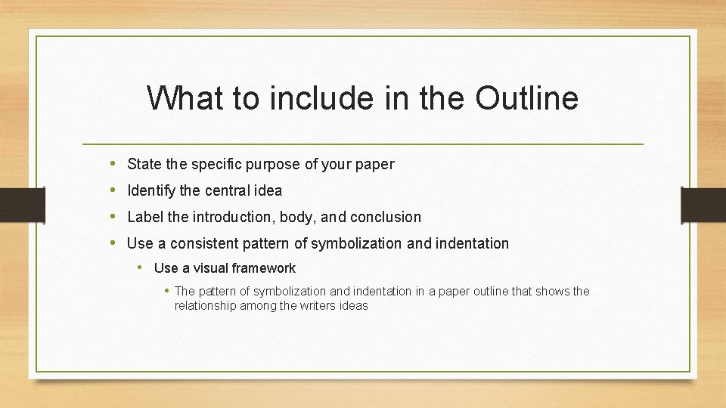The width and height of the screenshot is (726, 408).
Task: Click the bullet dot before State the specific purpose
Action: [112, 163]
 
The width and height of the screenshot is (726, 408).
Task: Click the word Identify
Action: [153, 190]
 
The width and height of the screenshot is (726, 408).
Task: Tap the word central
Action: [228, 190]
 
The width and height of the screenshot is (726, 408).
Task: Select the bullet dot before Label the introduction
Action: [112, 217]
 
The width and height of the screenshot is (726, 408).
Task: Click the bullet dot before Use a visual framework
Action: [141, 267]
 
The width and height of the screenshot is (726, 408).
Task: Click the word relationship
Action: [206, 306]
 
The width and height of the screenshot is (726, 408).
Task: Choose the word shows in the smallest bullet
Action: [553, 292]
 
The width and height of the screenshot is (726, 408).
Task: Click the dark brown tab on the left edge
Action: [14, 206]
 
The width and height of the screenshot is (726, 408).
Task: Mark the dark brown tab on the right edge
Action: [703, 206]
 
